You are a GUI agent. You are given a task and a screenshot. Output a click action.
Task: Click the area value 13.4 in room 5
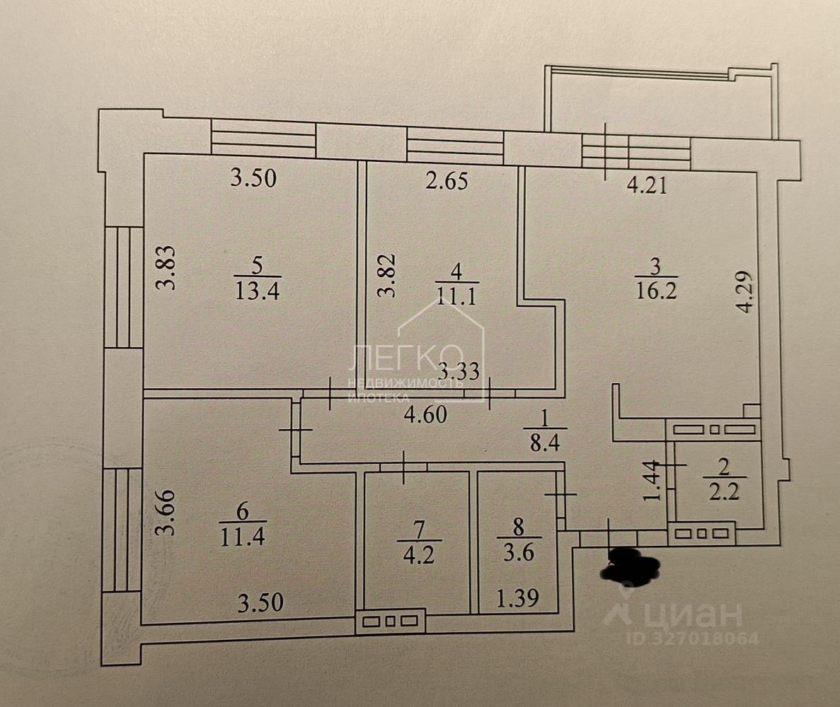257,290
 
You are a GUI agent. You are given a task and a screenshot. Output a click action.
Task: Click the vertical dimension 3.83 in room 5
166,268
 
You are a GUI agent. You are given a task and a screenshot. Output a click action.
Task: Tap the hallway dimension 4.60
426,416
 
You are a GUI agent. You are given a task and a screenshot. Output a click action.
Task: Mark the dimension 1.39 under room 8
517,599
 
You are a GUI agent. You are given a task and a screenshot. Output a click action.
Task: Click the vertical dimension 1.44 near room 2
655,481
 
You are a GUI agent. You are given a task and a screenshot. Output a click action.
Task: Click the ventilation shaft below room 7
389,621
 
